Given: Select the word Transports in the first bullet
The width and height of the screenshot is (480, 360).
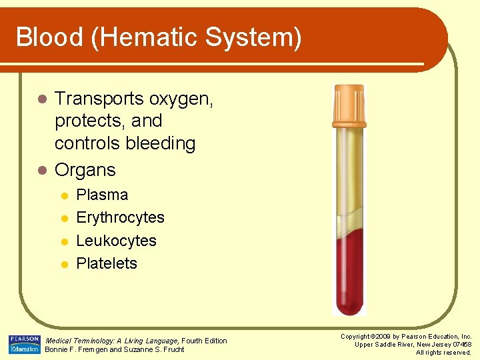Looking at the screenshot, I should point(99,99).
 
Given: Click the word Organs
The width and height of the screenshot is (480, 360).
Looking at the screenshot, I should point(85,171).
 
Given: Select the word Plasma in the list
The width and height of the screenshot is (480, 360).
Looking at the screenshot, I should point(102,195).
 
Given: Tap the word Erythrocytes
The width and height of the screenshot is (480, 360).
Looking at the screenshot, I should point(120,218).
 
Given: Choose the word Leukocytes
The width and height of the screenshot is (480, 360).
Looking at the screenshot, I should point(116,241).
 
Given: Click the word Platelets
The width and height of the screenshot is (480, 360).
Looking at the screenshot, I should point(107,263).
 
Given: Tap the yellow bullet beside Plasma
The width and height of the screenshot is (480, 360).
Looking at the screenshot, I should point(64,196).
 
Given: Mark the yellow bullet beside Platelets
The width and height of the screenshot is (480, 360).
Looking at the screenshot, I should point(64,264).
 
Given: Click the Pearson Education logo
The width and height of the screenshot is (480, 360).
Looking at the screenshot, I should point(25,344).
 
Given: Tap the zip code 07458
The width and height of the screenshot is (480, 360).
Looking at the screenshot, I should point(461,344).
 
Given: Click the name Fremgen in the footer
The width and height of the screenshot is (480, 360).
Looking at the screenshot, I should point(89,349).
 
